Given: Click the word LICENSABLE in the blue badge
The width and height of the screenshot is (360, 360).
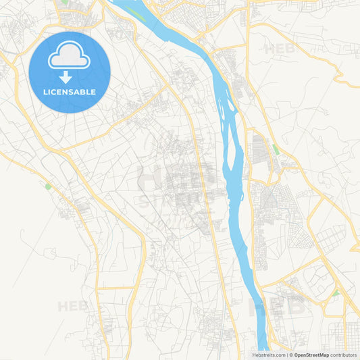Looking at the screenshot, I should coord(69,92).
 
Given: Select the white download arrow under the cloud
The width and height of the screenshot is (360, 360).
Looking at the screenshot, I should coord(66,76).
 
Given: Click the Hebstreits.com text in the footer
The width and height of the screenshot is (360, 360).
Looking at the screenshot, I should coord(268,355).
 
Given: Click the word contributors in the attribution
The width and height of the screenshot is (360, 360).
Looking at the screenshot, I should coord(344,355).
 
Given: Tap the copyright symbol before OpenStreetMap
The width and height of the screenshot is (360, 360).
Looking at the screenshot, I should coord(290,355).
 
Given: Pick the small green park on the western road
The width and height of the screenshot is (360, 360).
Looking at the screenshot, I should coord(48,186).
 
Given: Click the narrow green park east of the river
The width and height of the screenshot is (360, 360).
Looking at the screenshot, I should coord(275,148).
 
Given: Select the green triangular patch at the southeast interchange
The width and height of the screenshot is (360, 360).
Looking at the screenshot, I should coord(335,293).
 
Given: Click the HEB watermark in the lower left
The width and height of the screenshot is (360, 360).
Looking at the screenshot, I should coord(72,306).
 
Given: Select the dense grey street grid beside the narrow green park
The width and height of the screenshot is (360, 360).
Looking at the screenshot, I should coord(260,149).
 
